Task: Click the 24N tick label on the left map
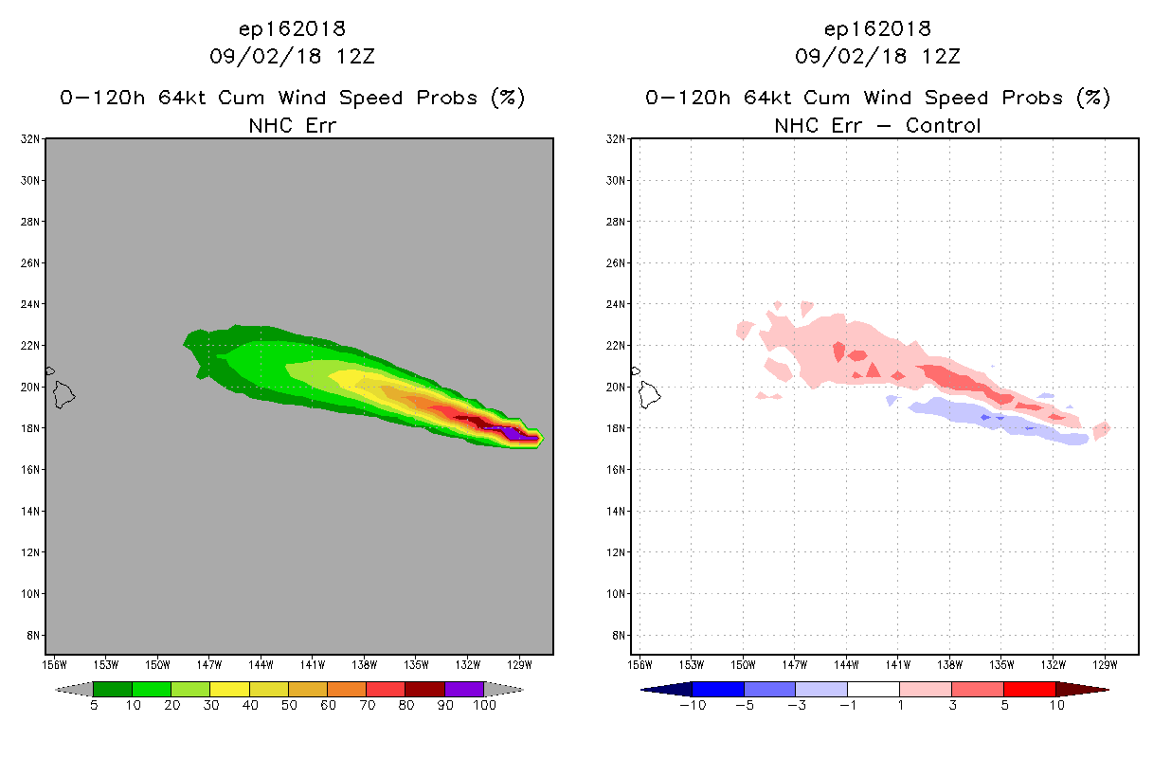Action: coord(29,304)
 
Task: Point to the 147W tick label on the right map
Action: coord(795,665)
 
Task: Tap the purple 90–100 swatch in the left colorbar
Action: coord(464,689)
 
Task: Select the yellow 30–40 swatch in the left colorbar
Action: coord(230,689)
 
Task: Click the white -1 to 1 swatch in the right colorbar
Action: coord(874,689)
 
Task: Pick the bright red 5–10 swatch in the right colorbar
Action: coord(1030,689)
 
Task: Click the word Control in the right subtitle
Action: coord(943,125)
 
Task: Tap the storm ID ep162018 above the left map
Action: coord(292,28)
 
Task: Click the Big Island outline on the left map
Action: coord(63,395)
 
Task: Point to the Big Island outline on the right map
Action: coord(649,395)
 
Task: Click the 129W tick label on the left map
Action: coord(519,665)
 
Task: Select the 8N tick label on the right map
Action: coord(619,636)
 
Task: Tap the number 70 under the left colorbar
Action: coord(367,706)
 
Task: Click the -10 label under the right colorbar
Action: coord(693,706)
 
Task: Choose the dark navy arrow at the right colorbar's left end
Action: coord(667,690)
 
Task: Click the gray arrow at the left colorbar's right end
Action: coord(504,690)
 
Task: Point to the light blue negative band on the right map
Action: coord(993,421)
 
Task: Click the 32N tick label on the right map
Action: coord(615,139)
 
